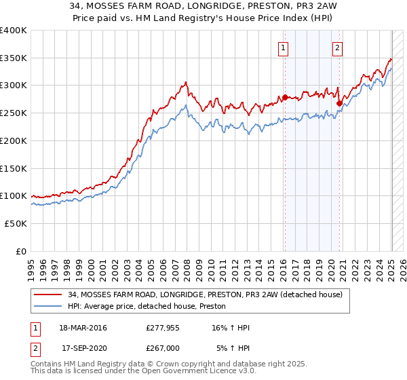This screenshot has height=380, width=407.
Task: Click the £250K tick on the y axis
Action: [13, 113]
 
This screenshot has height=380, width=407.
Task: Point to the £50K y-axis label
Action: [16, 223]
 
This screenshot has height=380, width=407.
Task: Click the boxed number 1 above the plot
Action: [282, 47]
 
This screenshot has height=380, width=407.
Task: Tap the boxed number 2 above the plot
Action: [337, 47]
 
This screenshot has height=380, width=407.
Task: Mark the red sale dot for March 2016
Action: [285, 97]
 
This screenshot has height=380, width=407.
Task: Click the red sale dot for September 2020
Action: [339, 103]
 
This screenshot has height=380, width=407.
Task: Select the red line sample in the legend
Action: [49, 294]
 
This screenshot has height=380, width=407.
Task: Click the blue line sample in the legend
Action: [49, 306]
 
